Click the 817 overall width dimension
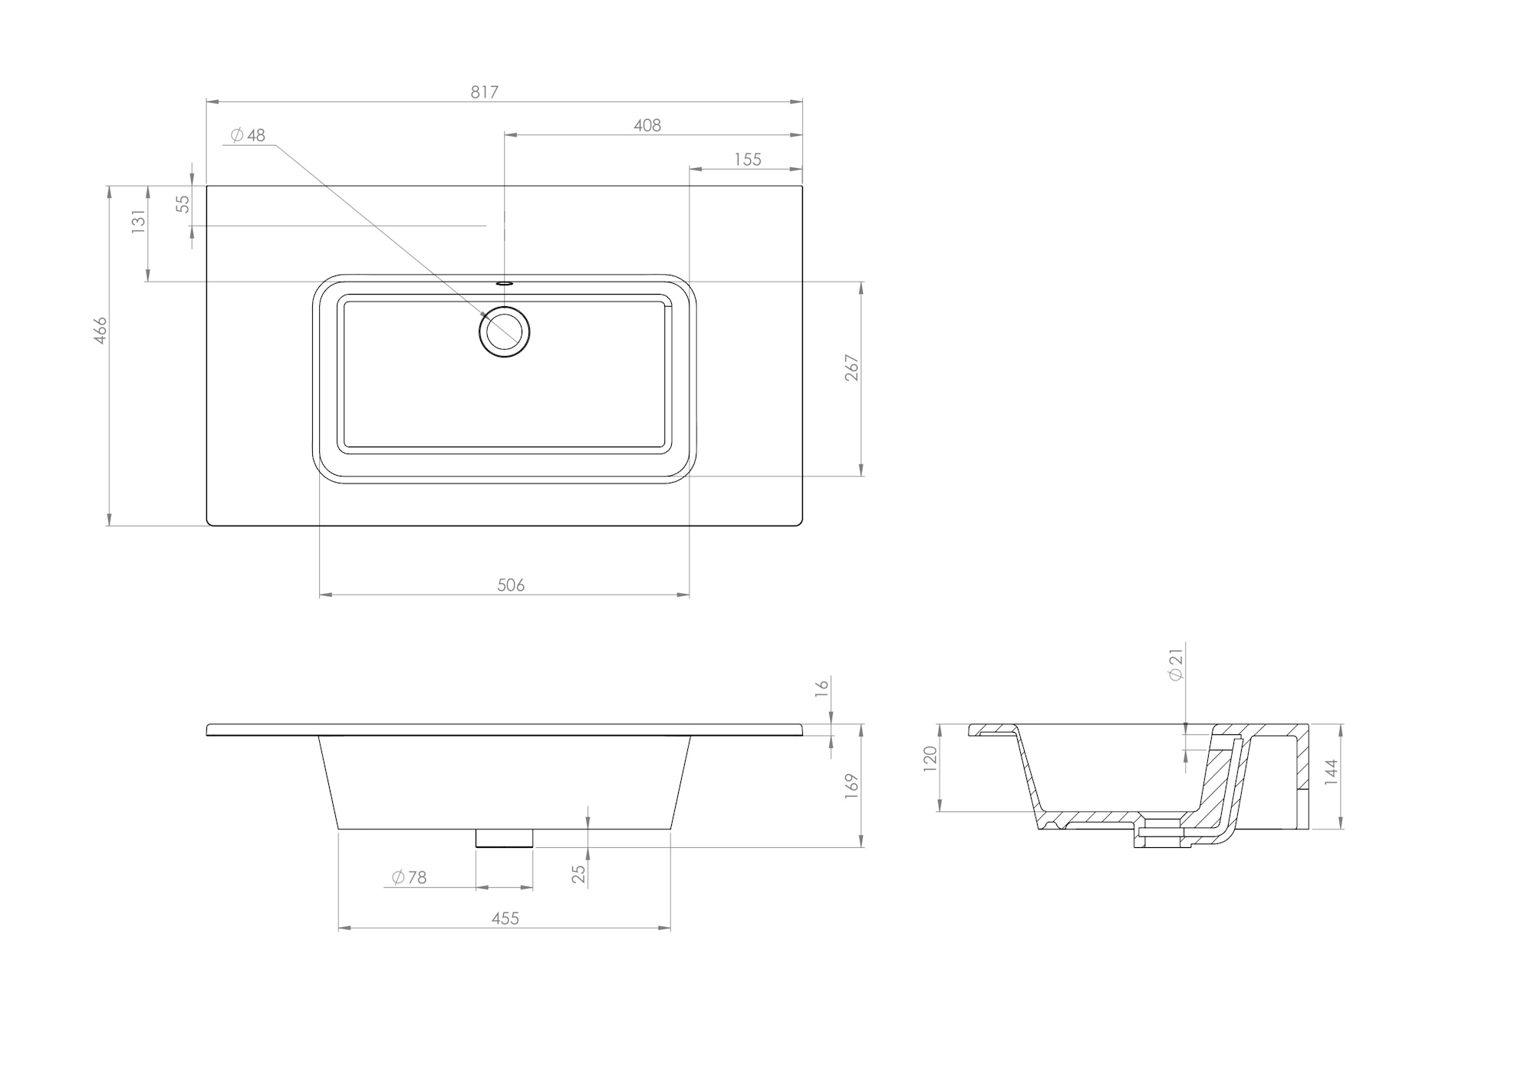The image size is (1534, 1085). (x=484, y=92)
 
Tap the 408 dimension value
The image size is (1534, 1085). (x=647, y=125)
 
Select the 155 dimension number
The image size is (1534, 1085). (x=748, y=159)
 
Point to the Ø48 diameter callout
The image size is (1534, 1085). (x=249, y=135)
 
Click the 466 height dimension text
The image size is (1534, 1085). (x=100, y=330)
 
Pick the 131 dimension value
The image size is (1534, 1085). (x=138, y=221)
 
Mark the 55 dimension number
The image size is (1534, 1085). (x=183, y=203)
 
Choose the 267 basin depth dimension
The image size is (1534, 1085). (x=851, y=368)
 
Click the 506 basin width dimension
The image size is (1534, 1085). (x=511, y=585)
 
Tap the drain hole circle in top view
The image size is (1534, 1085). (x=505, y=331)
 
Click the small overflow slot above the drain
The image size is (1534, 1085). (x=504, y=282)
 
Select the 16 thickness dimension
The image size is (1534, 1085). (x=822, y=688)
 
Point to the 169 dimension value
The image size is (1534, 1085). (x=851, y=787)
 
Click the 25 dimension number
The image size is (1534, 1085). (x=579, y=873)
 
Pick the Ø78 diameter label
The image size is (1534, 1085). (x=409, y=877)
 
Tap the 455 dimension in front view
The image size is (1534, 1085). (x=505, y=918)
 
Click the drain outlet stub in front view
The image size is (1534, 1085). (x=504, y=838)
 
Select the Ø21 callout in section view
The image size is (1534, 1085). (x=1176, y=664)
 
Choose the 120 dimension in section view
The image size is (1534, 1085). (x=930, y=758)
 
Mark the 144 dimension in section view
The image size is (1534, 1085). (x=1331, y=771)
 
